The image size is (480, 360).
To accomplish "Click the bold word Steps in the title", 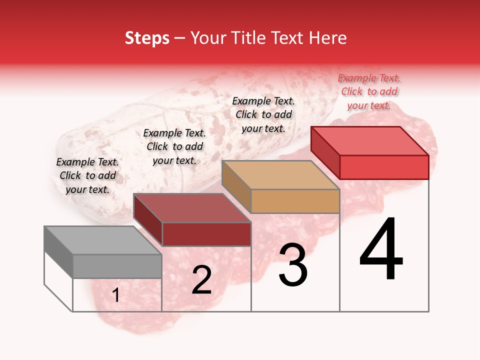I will (x=147, y=38).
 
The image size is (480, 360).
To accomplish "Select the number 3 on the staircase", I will (x=293, y=265).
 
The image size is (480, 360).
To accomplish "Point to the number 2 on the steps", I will (x=201, y=280).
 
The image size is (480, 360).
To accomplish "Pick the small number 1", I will (x=115, y=295).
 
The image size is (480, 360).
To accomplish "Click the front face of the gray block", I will (x=117, y=266).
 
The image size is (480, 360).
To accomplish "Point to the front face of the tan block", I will (x=295, y=201).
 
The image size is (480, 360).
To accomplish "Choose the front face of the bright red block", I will (x=384, y=167).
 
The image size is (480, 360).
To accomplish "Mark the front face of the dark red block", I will (x=206, y=234).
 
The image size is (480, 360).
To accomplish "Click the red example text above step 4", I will (x=369, y=91).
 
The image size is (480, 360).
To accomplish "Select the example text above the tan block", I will (x=263, y=114).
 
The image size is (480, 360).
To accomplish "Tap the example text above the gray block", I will (x=87, y=175).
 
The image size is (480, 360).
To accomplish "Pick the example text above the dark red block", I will (x=174, y=146).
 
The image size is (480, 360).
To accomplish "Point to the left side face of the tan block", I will (x=236, y=186).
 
